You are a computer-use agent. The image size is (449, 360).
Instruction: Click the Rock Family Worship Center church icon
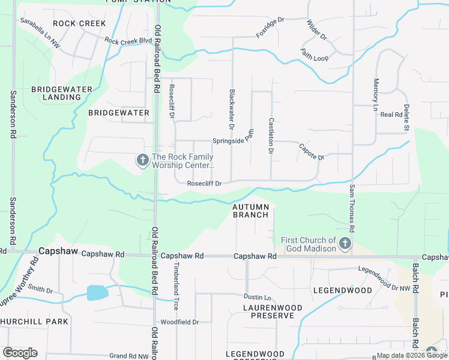pyautogui.click(x=143, y=160)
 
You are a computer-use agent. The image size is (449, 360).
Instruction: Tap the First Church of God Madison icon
pyautogui.click(x=345, y=244)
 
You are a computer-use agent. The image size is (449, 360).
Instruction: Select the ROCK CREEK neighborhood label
pyautogui.click(x=79, y=23)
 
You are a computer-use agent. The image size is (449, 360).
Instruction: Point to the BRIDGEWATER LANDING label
pyautogui.click(x=62, y=93)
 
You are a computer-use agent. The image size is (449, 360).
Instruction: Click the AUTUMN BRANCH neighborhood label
pyautogui.click(x=250, y=211)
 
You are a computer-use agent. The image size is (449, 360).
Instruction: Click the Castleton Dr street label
pyautogui.click(x=271, y=136)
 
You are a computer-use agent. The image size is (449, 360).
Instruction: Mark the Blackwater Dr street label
pyautogui.click(x=231, y=109)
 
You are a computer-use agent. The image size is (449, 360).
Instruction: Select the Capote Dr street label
pyautogui.click(x=312, y=151)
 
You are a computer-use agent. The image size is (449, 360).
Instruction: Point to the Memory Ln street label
pyautogui.click(x=376, y=95)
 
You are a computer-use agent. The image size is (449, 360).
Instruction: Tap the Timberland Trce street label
pyautogui.click(x=176, y=285)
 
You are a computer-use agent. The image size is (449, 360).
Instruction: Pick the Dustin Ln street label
pyautogui.click(x=258, y=297)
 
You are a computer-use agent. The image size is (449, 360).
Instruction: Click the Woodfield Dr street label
pyautogui.click(x=179, y=322)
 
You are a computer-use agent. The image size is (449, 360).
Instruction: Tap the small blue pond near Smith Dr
pyautogui.click(x=97, y=292)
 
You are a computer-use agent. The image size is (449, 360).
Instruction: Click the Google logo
pyautogui.click(x=20, y=353)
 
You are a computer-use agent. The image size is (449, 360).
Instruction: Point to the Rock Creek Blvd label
pyautogui.click(x=128, y=41)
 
